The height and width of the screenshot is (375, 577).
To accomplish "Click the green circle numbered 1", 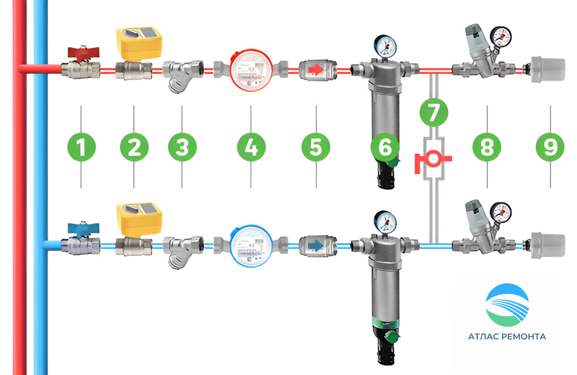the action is click(x=81, y=147).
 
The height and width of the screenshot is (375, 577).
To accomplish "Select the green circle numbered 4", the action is click(x=251, y=147).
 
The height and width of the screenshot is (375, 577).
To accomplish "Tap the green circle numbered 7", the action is click(x=434, y=113).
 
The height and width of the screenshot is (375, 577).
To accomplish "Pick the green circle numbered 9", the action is click(x=550, y=147).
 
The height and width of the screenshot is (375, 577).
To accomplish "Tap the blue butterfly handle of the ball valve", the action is click(x=83, y=229).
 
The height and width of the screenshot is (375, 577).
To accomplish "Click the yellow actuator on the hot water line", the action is click(x=139, y=44).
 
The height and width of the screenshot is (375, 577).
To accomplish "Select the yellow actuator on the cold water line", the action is click(x=139, y=220).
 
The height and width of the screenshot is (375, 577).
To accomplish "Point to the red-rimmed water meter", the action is click(x=251, y=70).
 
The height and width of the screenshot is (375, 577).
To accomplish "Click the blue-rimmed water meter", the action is click(x=251, y=246).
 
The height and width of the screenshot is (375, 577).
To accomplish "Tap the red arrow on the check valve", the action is click(x=315, y=69).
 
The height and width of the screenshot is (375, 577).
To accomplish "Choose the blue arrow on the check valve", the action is click(x=315, y=246).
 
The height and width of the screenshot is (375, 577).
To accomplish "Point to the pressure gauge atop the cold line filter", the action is click(x=385, y=222).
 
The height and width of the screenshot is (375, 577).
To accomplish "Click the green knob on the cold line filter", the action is click(x=392, y=336).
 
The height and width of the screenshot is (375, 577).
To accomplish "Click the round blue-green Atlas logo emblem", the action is click(x=507, y=305).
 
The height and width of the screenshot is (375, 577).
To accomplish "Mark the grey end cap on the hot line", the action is click(x=548, y=70).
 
